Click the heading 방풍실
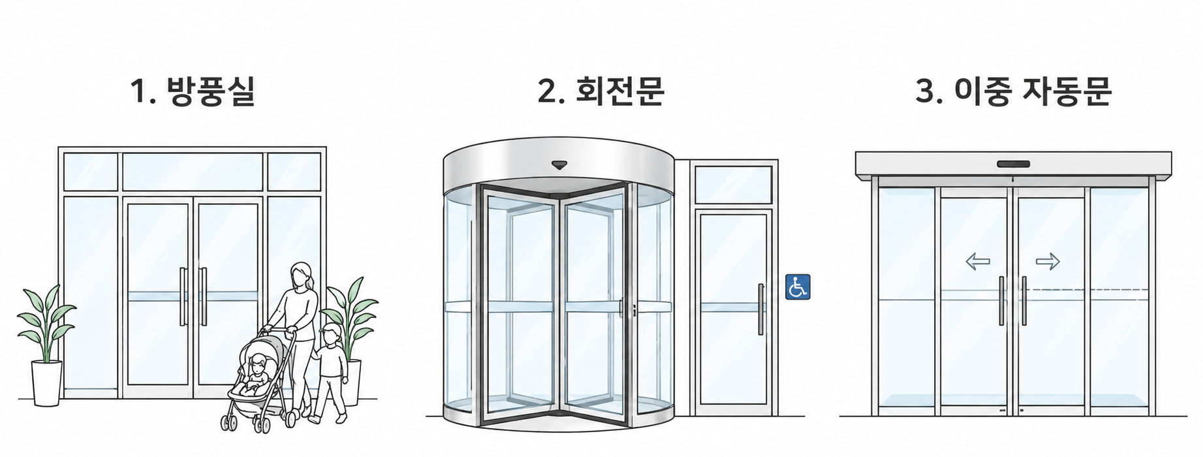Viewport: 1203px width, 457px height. pyautogui.click(x=211, y=91)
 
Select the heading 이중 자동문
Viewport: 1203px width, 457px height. pyautogui.click(x=1033, y=91)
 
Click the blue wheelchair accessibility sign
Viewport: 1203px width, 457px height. pyautogui.click(x=798, y=287)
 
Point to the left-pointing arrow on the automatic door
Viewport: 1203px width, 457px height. pyautogui.click(x=978, y=262)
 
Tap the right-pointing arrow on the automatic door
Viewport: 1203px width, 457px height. pyautogui.click(x=1048, y=262)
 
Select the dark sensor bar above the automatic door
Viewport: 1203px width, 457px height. pyautogui.click(x=1013, y=164)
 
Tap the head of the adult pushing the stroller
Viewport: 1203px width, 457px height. pyautogui.click(x=300, y=275)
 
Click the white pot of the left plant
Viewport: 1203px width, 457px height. pyautogui.click(x=47, y=383)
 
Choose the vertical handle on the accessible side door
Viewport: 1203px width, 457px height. pyautogui.click(x=760, y=309)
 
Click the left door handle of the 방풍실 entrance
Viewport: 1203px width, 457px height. pyautogui.click(x=183, y=296)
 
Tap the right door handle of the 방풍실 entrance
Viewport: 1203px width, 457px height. pyautogui.click(x=203, y=296)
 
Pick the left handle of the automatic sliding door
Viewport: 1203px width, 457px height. pyautogui.click(x=1002, y=301)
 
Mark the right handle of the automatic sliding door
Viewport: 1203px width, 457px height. pyautogui.click(x=1023, y=301)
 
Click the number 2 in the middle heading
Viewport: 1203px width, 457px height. pyautogui.click(x=546, y=92)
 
